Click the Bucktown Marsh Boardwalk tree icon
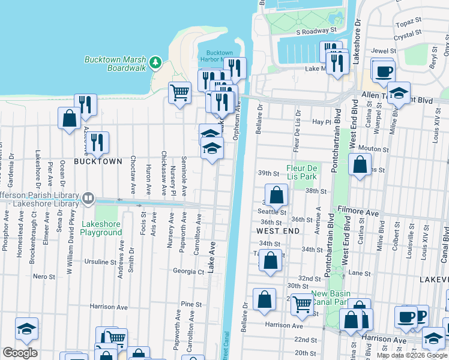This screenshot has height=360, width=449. click(x=155, y=62)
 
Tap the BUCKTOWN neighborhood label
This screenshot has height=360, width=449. click(x=98, y=162)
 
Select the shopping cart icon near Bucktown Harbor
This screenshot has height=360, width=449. click(x=179, y=93)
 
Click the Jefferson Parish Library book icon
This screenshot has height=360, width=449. click(x=88, y=197)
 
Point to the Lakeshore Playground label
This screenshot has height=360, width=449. click(x=101, y=228)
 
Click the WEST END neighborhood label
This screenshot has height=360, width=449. click(x=277, y=230)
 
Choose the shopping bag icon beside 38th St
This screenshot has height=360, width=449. click(x=276, y=195)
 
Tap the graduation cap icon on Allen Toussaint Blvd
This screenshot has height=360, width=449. click(x=398, y=93)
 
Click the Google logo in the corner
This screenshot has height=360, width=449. click(x=20, y=353)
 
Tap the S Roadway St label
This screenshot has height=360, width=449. click(x=316, y=30)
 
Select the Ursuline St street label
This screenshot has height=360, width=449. click(x=100, y=262)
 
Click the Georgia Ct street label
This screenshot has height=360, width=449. click(x=188, y=271)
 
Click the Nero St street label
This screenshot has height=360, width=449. click(x=44, y=277)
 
